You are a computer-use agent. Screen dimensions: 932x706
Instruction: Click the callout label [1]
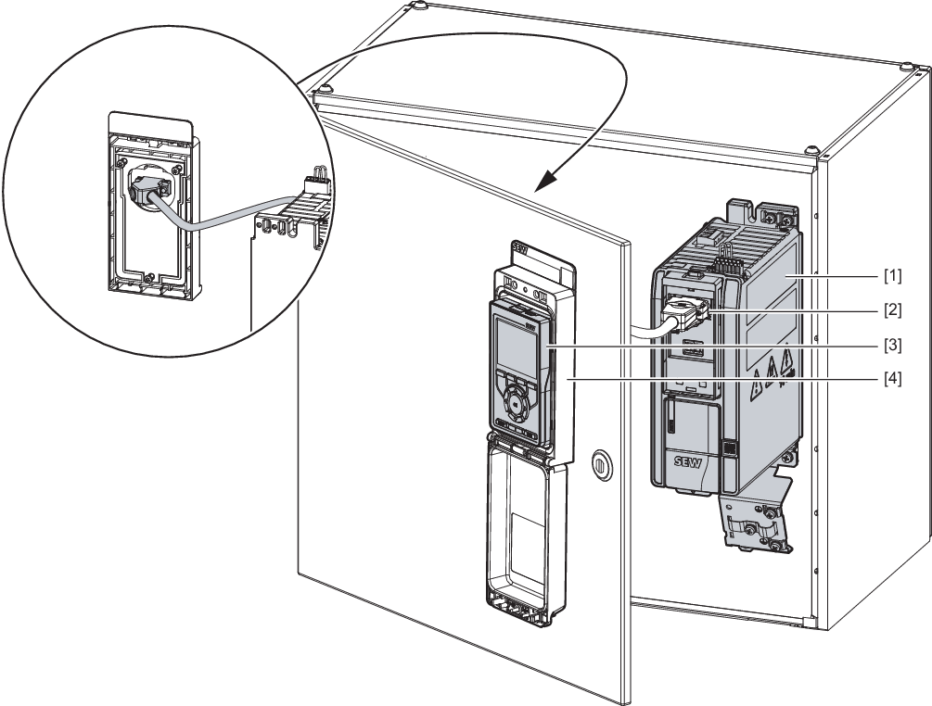(x=891, y=275)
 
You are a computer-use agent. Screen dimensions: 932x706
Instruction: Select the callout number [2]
(x=891, y=310)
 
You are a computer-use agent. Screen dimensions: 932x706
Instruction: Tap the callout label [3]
(x=891, y=345)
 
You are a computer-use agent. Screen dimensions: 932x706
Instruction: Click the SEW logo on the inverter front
(x=687, y=462)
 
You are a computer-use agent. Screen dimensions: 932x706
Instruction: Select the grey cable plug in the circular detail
(x=145, y=191)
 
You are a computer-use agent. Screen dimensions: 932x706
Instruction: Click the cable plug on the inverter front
(x=685, y=313)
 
